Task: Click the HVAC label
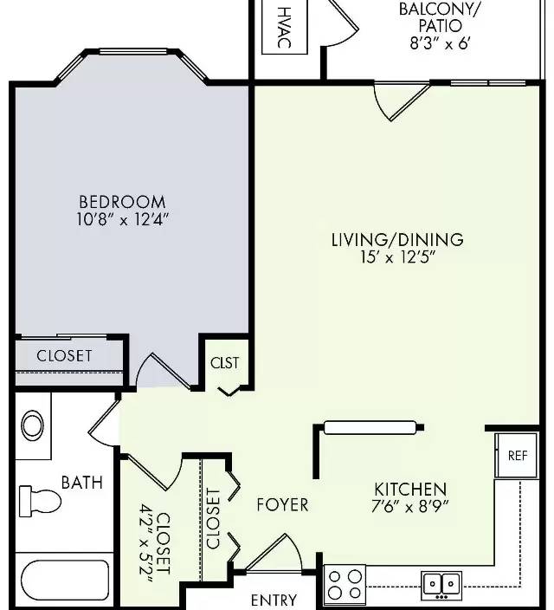coord(285,27)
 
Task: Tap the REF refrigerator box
coord(517,456)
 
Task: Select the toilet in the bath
coord(40,501)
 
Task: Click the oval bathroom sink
coord(32,425)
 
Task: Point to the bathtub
coord(65,581)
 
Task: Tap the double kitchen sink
coord(442,585)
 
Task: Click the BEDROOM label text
coord(122,202)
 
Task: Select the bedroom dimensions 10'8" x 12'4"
coord(123,220)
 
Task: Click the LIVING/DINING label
coord(397,240)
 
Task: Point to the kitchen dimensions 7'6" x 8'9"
coord(410,507)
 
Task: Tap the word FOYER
coord(283,505)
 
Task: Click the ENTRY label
coord(274,600)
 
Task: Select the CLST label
coord(225,363)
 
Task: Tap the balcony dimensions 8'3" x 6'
coord(440,43)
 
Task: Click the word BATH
coord(82,483)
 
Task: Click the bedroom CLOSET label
coord(65,356)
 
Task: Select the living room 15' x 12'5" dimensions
coord(397,257)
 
